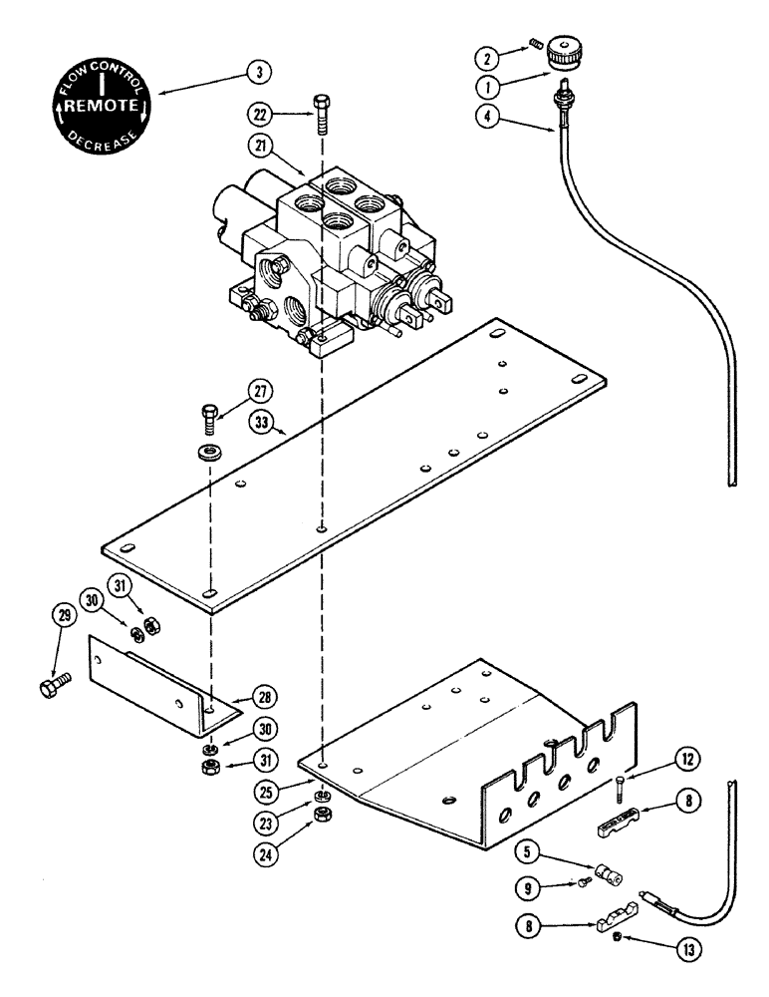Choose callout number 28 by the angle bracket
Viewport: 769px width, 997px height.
(264, 696)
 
